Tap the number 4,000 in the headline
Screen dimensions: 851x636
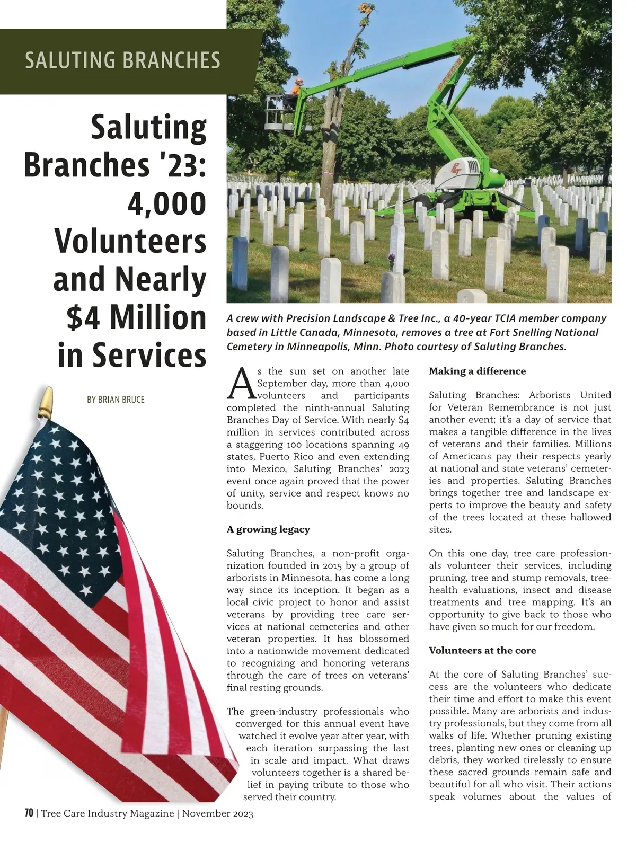point(166,204)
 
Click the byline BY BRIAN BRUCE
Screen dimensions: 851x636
point(116,400)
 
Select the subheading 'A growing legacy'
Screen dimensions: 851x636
point(268,529)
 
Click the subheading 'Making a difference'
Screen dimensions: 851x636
point(477,371)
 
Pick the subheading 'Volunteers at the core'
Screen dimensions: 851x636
point(482,651)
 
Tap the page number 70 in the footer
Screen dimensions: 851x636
point(29,813)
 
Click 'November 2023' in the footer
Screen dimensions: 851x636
point(217,814)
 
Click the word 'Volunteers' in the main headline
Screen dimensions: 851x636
point(130,242)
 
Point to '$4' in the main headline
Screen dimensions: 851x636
point(85,317)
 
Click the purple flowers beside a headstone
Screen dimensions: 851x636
point(392,258)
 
